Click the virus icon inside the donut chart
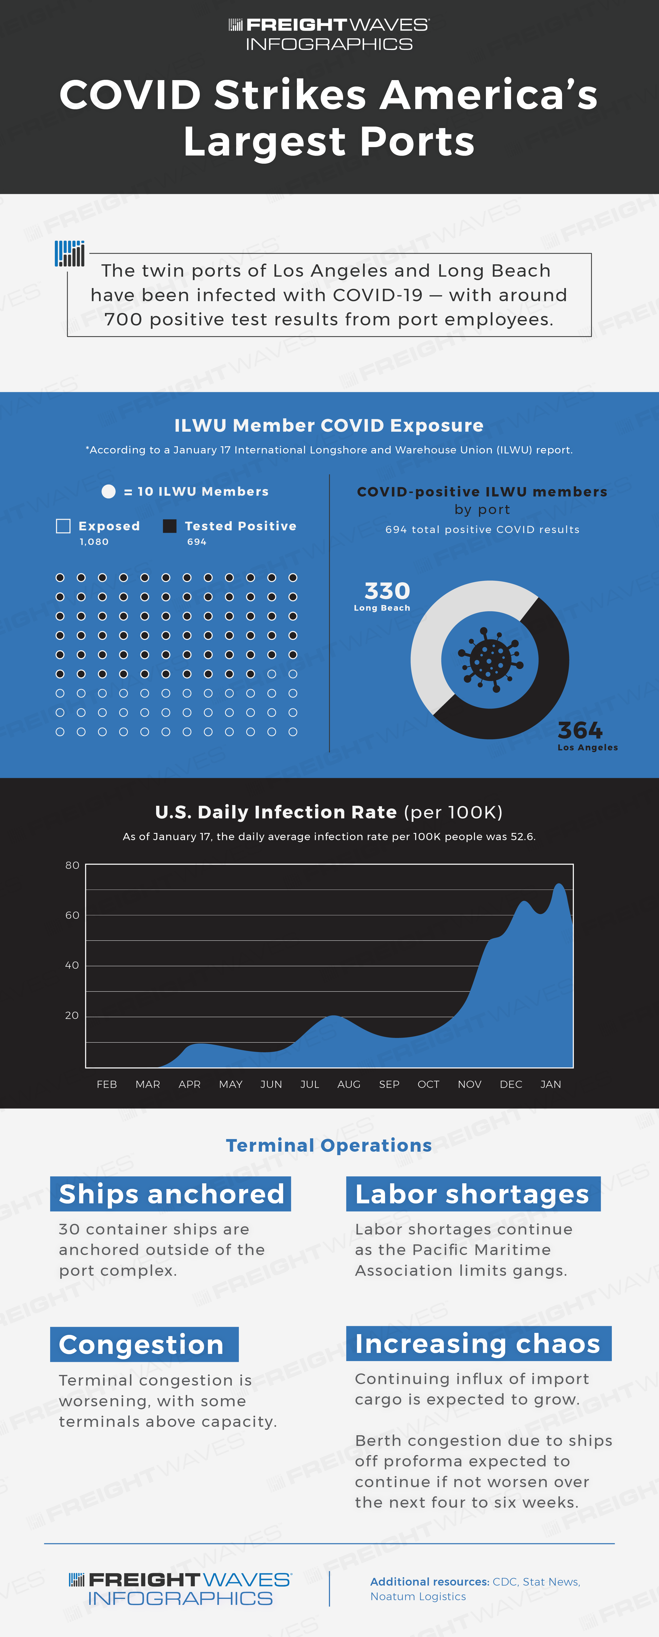(490, 660)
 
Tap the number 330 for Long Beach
(387, 591)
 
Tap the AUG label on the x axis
(349, 1084)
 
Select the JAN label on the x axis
(550, 1084)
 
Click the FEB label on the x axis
(107, 1084)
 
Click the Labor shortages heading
(473, 1194)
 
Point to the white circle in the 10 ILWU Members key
(109, 491)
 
